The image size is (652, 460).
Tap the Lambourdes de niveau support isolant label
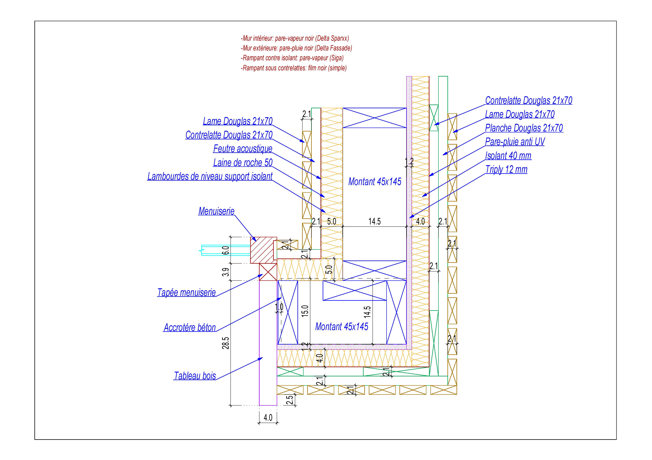pos(210,176)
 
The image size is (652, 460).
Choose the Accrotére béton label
pos(190,328)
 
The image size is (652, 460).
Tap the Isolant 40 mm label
pos(508,156)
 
